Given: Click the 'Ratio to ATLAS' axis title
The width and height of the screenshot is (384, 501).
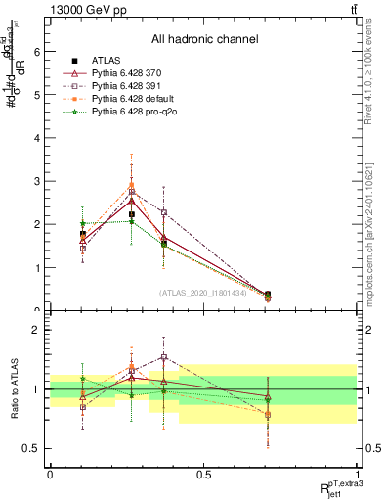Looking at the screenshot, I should click(x=14, y=388).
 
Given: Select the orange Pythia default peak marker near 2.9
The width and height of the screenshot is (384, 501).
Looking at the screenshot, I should click(x=132, y=185).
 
